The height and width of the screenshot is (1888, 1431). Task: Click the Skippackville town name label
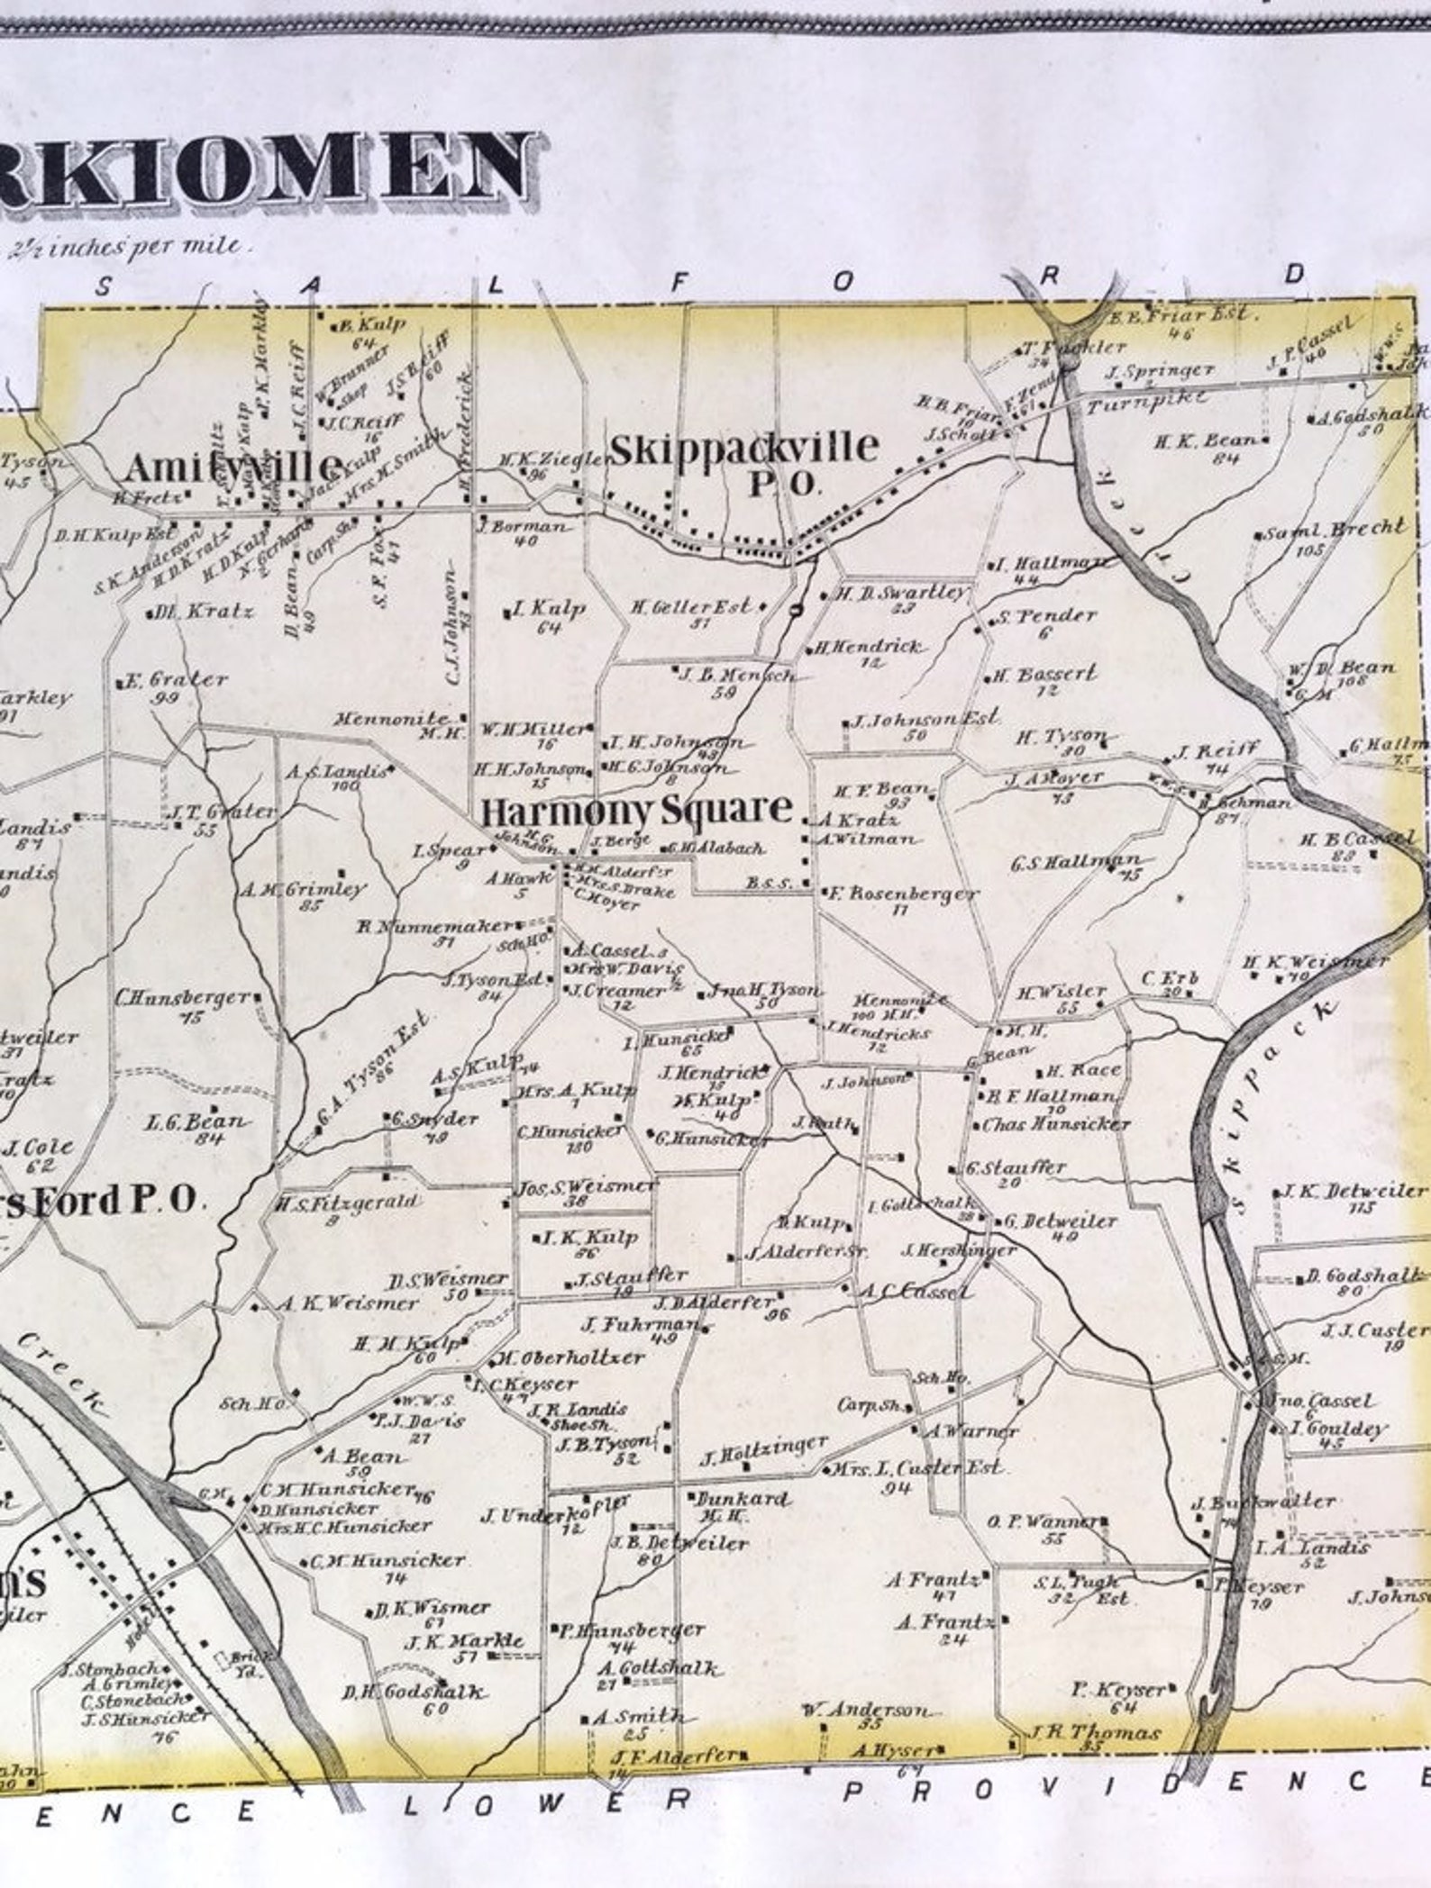coord(744,448)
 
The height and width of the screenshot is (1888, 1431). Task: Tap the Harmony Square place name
coord(637,811)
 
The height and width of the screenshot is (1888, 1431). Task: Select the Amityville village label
coord(232,467)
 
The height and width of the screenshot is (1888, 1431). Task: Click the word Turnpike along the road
coord(1146,402)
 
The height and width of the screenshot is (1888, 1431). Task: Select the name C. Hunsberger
coord(184,998)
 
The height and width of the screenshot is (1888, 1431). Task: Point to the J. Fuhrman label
coord(640,1324)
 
